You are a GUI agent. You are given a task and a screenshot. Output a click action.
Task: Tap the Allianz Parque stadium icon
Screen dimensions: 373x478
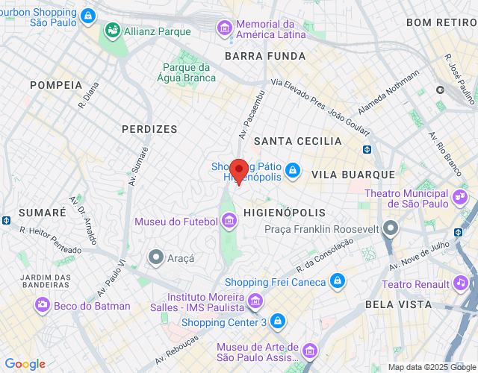(x=113, y=31)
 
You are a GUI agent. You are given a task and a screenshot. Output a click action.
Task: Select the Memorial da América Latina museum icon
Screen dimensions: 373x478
(x=224, y=28)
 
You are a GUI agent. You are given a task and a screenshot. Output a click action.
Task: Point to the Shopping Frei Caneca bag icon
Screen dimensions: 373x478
(x=337, y=281)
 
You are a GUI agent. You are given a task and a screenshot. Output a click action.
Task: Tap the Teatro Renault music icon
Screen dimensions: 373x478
(x=461, y=283)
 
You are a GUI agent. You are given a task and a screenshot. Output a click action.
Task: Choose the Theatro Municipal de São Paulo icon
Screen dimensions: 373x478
(x=459, y=198)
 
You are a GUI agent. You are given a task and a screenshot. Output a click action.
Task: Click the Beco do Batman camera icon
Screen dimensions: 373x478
(x=42, y=305)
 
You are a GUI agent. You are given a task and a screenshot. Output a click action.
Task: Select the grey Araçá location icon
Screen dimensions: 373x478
(x=156, y=257)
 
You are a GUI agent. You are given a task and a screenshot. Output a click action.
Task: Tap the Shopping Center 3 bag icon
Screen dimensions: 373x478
(x=278, y=322)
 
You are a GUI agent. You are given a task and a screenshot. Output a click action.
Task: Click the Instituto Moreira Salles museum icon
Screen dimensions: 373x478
(x=255, y=301)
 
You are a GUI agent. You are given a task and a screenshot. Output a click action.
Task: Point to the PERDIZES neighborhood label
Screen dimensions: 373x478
(x=149, y=129)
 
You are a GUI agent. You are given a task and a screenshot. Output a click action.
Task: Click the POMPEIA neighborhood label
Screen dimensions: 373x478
(x=56, y=85)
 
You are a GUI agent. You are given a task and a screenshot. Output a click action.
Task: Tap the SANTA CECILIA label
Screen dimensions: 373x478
(x=297, y=141)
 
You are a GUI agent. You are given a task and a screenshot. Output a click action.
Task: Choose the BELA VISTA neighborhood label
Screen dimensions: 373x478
(x=398, y=304)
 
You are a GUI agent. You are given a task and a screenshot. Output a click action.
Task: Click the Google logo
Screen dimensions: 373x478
(x=25, y=364)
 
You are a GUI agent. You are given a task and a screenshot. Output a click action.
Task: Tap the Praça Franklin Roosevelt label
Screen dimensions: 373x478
(x=322, y=228)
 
